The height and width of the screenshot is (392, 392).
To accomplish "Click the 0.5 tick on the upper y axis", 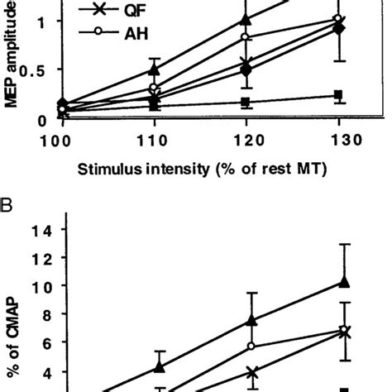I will (36, 70).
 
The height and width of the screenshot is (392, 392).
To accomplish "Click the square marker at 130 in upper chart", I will (337, 95).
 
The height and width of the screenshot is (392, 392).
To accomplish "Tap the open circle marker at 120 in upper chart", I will (245, 37).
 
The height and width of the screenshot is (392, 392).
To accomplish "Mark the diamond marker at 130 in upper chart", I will (337, 29).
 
